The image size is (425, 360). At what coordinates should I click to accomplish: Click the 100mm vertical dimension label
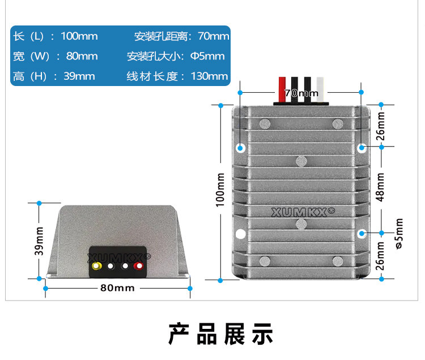tap(220, 190)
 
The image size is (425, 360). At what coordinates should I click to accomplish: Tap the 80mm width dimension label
tap(117, 288)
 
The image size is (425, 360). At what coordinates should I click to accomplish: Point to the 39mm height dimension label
tap(39, 241)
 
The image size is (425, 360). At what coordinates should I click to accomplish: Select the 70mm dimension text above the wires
tap(301, 92)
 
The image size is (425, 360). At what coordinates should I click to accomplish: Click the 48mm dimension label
tap(381, 187)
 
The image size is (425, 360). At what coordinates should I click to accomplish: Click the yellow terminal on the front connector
tap(97, 265)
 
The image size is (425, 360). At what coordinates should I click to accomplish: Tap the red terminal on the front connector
tap(138, 265)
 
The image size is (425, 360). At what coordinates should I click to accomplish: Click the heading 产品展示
tap(221, 334)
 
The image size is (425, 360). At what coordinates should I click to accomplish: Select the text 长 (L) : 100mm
tap(56, 36)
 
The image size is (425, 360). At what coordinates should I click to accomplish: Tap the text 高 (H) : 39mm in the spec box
tap(54, 76)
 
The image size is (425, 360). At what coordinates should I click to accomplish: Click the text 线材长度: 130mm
tap(177, 76)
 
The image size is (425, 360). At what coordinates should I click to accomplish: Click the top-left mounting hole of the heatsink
tap(240, 148)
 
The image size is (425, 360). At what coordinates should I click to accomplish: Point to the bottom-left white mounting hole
tap(240, 234)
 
